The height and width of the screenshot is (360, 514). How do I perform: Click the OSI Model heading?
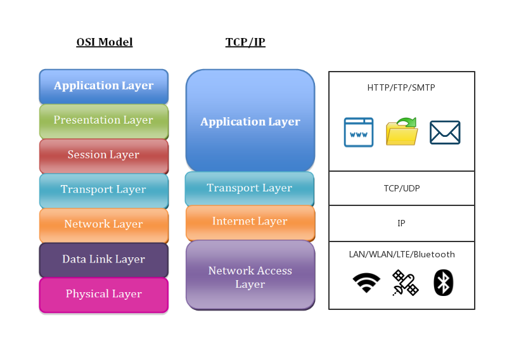click(x=104, y=42)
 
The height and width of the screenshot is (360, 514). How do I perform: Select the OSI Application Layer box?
click(x=104, y=86)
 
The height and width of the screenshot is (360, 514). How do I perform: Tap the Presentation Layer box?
click(x=104, y=120)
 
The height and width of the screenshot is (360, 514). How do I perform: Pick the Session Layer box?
click(x=104, y=155)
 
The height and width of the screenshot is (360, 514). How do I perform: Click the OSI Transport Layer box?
click(x=104, y=190)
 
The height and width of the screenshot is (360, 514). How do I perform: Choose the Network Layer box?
click(x=104, y=224)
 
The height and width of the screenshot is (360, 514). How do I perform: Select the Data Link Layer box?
click(x=104, y=259)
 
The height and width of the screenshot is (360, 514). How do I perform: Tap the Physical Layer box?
click(x=104, y=294)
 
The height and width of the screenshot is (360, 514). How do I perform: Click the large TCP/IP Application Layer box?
click(x=250, y=121)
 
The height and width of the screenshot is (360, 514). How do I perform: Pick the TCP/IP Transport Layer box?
click(x=250, y=188)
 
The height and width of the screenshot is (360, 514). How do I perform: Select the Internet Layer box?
click(x=250, y=222)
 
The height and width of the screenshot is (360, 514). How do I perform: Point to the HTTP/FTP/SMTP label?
click(x=401, y=88)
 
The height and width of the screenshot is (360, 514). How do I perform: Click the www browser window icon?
click(x=359, y=132)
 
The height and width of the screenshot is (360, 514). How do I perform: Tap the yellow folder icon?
click(x=402, y=132)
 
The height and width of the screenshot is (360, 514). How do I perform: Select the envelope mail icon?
click(x=445, y=132)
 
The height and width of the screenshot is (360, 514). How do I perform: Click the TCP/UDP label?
click(x=401, y=188)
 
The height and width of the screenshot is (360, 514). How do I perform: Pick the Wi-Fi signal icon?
click(x=366, y=283)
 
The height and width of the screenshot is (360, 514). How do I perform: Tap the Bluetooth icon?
click(x=444, y=283)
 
